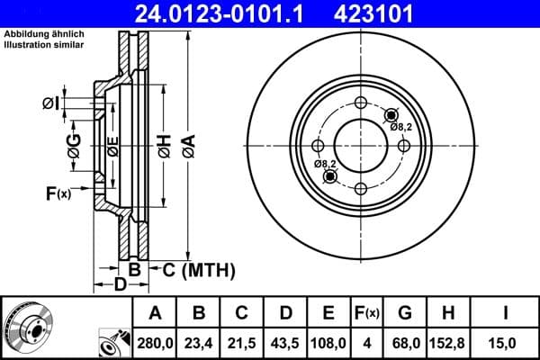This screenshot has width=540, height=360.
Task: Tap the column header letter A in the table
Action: click(155, 313)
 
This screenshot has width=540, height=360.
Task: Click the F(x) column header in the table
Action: click(366, 313)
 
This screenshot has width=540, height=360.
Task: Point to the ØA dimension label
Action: click(187, 143)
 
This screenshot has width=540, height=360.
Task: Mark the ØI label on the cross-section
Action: click(52, 105)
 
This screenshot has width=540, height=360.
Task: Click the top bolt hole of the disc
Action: click(360, 103)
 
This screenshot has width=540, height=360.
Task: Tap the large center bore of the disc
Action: click(360, 145)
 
